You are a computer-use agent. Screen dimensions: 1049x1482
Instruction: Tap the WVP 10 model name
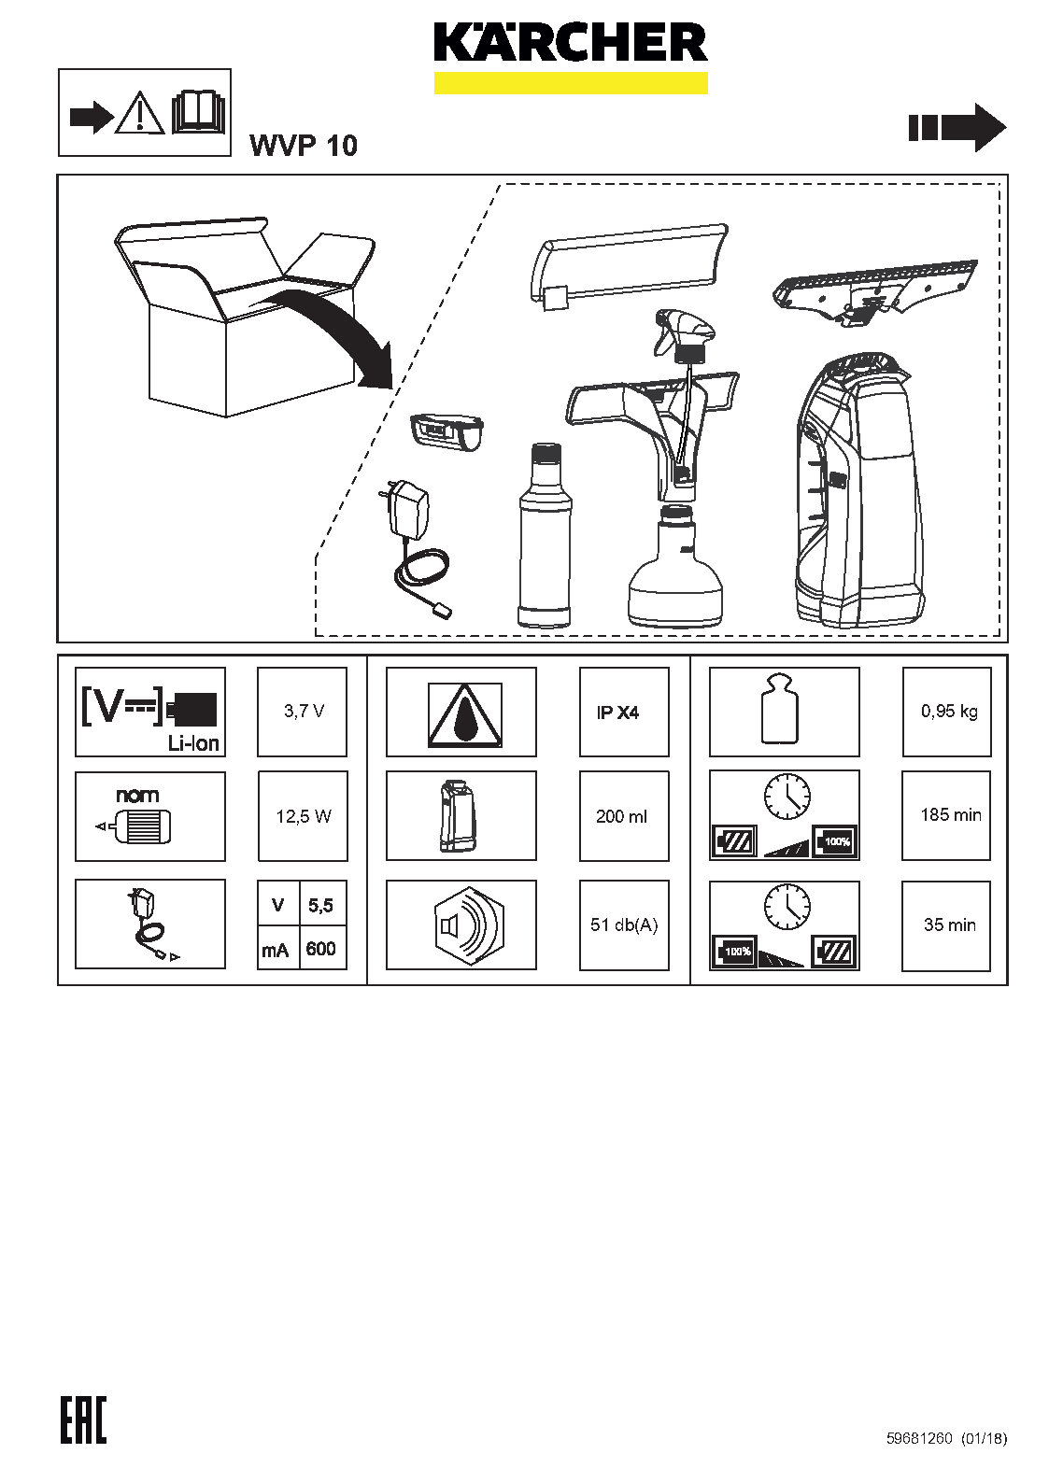tap(304, 146)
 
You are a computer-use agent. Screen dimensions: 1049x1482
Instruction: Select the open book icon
tap(199, 113)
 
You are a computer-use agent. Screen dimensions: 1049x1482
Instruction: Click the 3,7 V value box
tap(302, 712)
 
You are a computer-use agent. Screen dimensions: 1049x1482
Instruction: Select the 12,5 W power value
tap(304, 816)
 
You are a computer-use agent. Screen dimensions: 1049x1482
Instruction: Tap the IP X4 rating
tap(617, 713)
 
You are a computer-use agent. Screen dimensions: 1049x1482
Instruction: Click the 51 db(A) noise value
tap(624, 924)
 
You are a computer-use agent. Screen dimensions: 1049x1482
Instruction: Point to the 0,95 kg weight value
tap(949, 712)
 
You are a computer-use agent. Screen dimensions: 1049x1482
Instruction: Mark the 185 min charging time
tap(950, 814)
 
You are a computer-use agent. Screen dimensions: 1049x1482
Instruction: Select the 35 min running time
tap(950, 924)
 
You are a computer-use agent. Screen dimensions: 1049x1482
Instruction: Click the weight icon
tap(780, 710)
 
